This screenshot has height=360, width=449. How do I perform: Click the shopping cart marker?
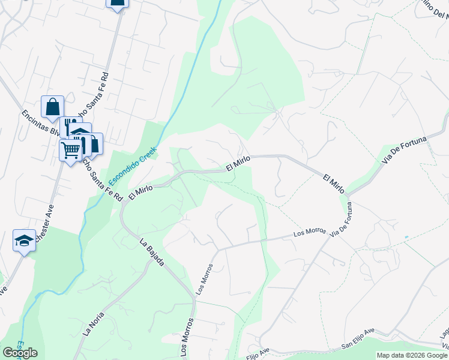[70, 150]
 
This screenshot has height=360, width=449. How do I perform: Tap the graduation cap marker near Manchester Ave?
[24, 241]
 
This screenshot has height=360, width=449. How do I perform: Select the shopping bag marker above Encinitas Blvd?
[52, 107]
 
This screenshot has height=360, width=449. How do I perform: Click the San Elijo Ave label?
[358, 345]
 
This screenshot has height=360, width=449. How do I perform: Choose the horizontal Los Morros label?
[309, 232]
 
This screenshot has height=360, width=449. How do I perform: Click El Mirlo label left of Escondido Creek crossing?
[141, 191]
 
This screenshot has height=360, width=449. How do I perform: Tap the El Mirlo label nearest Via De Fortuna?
[333, 184]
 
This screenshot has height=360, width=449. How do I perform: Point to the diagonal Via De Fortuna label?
[404, 149]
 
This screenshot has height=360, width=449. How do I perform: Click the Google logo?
[20, 353]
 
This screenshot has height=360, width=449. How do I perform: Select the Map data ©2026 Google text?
[412, 355]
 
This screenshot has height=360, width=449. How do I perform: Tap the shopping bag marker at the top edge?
[117, 2]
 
